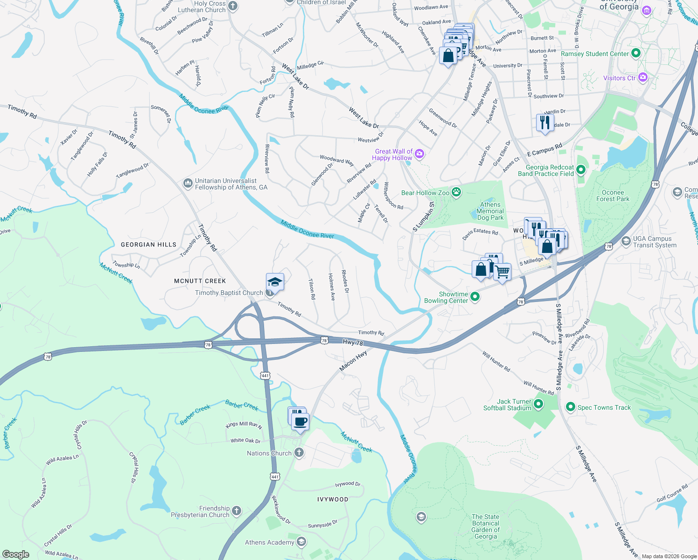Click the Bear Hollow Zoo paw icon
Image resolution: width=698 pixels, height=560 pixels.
456,192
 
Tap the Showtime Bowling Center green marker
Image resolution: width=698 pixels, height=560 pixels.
475,297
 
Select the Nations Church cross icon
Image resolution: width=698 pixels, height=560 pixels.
299,453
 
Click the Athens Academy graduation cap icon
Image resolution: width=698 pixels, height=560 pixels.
301,542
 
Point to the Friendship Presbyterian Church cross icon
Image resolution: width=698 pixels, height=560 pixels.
237,511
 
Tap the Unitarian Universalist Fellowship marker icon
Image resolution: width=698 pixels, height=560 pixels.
188,183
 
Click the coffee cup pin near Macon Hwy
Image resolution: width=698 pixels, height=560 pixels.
300,422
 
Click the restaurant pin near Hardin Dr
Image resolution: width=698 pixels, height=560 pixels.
545,123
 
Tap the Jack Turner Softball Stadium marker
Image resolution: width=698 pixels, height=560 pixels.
538,404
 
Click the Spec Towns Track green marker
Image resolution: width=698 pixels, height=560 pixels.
570,407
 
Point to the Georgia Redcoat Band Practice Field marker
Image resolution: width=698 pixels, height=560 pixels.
581,170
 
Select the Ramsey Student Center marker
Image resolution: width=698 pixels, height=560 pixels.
635,53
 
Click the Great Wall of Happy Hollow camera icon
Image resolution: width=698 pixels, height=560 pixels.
419,154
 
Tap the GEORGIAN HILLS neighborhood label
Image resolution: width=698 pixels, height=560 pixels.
148,245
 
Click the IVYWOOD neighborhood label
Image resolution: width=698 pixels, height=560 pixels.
333,499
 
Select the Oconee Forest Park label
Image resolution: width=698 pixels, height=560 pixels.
613,196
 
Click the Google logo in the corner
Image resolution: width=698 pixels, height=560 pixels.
15,554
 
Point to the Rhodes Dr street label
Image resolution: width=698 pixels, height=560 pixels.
345,281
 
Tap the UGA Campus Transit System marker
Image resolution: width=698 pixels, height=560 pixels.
626,241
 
